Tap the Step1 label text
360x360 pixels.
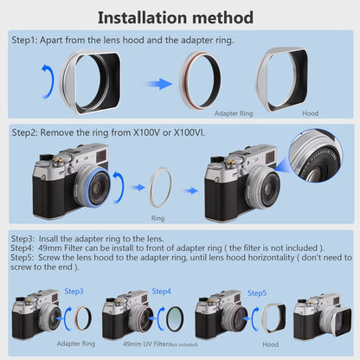click(x=24, y=40)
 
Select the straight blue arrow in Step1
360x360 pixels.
click(x=158, y=84)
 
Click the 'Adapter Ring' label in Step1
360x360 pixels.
click(x=234, y=113)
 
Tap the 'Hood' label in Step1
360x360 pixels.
click(x=311, y=113)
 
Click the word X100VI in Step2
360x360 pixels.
click(x=189, y=132)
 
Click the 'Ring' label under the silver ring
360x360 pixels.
click(x=157, y=218)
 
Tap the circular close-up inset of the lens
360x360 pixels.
click(x=316, y=156)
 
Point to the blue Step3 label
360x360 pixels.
click(x=74, y=292)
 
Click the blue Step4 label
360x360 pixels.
click(x=161, y=292)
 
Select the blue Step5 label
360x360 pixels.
click(x=257, y=293)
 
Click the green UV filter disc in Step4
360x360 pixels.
click(x=175, y=318)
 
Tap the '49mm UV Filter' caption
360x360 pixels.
click(x=145, y=344)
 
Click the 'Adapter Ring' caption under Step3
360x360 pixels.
click(x=76, y=344)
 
